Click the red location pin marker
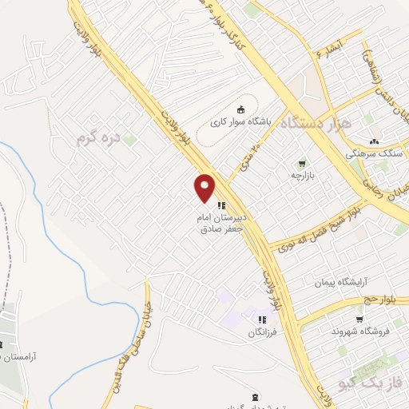[x=205, y=188]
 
